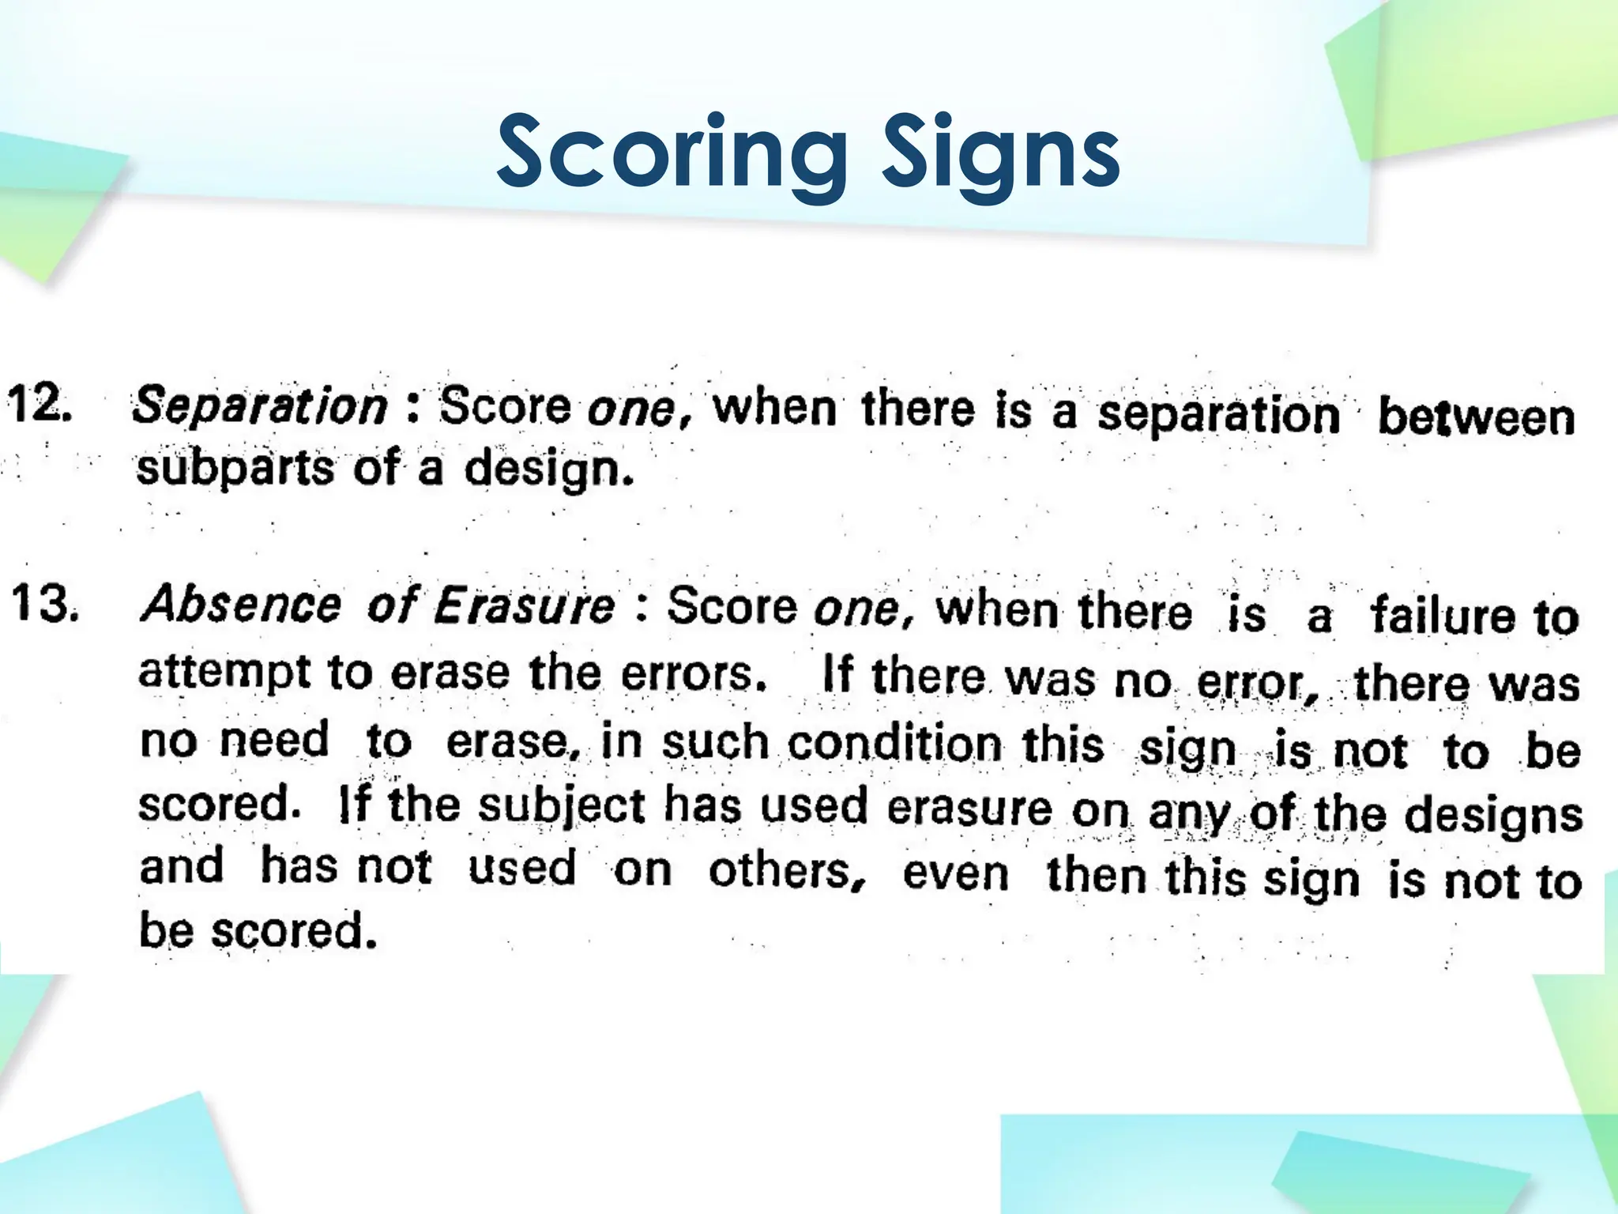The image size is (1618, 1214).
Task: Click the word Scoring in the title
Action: click(x=672, y=152)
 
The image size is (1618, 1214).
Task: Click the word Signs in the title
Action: click(x=1001, y=152)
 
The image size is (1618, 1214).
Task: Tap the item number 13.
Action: click(x=44, y=605)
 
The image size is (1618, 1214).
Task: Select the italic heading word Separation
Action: click(x=260, y=405)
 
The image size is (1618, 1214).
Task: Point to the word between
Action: click(x=1476, y=417)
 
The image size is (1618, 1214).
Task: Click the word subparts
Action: click(x=235, y=467)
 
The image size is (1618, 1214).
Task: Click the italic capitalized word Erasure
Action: click(x=524, y=607)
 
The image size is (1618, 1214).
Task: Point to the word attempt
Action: click(x=224, y=673)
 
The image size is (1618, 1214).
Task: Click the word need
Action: click(x=273, y=740)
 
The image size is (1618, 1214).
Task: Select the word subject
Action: click(x=562, y=807)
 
